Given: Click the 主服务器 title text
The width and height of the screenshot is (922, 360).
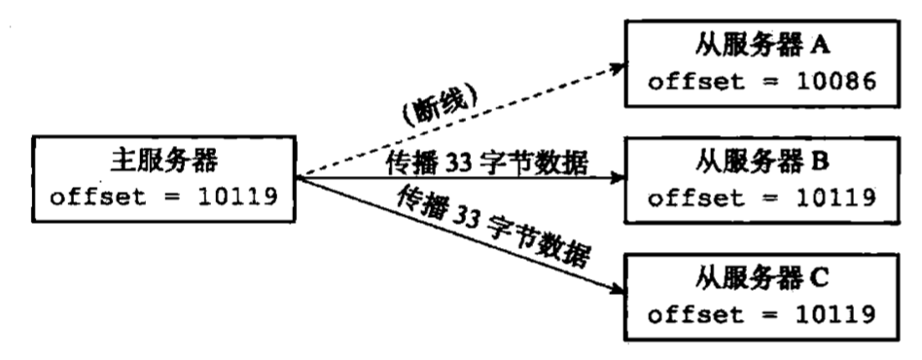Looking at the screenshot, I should click(160, 158).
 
